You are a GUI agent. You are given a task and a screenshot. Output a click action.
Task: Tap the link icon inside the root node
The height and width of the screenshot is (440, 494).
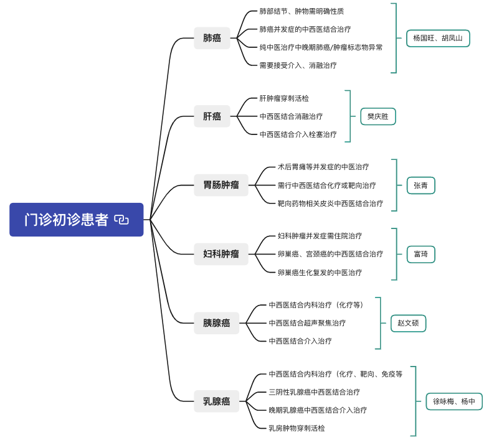click(x=122, y=220)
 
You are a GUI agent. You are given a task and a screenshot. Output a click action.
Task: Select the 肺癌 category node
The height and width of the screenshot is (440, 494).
click(x=212, y=38)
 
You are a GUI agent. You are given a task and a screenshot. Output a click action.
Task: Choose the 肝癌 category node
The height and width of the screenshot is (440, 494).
click(x=212, y=116)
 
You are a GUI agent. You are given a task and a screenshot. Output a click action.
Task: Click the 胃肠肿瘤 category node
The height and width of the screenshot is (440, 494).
click(x=221, y=185)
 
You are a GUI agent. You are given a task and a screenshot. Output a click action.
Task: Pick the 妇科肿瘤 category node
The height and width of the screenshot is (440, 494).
click(x=221, y=253)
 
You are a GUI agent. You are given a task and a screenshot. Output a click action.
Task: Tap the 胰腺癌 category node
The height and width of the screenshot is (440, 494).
click(x=216, y=322)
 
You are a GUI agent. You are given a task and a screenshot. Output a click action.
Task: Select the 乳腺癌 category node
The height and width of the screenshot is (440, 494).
click(x=216, y=401)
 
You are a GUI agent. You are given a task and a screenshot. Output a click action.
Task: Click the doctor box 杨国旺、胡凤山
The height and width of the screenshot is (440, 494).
click(x=438, y=38)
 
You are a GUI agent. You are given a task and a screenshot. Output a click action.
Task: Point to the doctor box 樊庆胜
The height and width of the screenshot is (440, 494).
click(x=378, y=116)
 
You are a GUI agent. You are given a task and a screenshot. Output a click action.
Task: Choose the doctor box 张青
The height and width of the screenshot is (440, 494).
click(x=420, y=185)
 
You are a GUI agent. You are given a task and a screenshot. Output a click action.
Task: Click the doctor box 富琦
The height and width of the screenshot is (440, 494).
click(x=420, y=254)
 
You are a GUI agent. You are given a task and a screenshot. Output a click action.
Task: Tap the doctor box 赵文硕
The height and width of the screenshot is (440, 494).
click(x=408, y=323)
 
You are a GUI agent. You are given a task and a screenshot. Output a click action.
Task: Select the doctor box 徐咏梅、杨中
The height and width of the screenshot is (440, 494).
click(x=454, y=401)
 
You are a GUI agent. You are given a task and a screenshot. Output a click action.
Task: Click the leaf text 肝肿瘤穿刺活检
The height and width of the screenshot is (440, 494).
click(x=284, y=98)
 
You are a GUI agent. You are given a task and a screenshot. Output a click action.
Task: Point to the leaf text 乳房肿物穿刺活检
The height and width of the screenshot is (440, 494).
click(x=297, y=428)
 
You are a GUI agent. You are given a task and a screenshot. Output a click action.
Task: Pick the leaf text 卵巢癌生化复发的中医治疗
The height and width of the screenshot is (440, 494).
click(x=320, y=272)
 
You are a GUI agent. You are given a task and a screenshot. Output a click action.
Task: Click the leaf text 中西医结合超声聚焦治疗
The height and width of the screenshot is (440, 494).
click(x=307, y=323)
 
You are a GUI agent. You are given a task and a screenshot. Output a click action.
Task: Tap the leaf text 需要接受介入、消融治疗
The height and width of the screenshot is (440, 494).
click(x=298, y=65)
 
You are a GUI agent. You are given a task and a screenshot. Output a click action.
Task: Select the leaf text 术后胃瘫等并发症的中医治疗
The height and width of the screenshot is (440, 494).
click(x=323, y=167)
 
